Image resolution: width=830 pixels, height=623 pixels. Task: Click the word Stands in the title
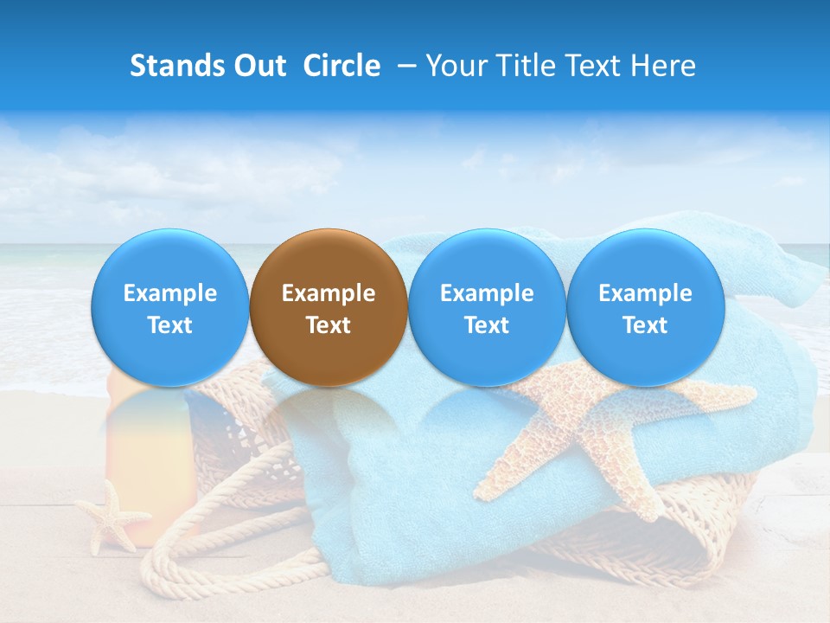(x=176, y=66)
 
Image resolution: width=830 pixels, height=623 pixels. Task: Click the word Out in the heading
(x=258, y=66)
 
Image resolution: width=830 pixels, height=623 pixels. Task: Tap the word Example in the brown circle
(x=329, y=293)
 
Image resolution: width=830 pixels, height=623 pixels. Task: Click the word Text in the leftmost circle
(x=169, y=325)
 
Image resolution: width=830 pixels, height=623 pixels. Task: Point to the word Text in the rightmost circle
(x=645, y=325)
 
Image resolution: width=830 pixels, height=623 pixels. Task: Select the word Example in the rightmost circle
(x=645, y=293)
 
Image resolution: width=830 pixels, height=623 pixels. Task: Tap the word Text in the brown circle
(x=329, y=325)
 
